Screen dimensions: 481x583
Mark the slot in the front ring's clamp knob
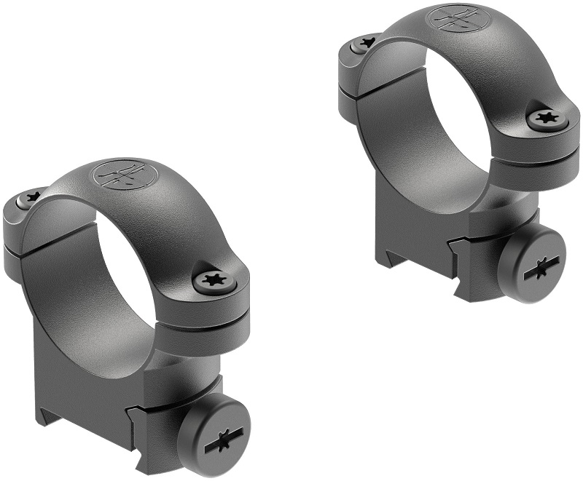[x=216, y=434]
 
